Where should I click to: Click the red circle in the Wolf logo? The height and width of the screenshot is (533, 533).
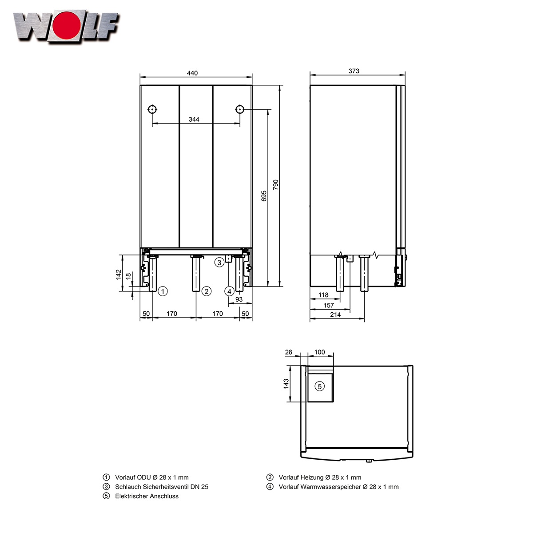(x=67, y=25)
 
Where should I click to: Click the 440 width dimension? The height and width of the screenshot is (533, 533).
(x=192, y=73)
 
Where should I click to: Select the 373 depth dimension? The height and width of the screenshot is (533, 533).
(x=354, y=71)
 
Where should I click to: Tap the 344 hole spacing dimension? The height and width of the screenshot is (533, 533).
(x=194, y=119)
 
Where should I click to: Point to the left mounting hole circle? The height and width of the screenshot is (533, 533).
(x=152, y=110)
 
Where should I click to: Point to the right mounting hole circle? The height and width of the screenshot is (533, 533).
(x=240, y=110)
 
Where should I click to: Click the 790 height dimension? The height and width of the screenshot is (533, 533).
(x=276, y=185)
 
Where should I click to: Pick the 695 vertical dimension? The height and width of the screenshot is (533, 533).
(x=264, y=196)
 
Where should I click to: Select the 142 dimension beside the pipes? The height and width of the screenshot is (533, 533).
(x=119, y=274)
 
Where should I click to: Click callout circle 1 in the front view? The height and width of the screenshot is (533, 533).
(x=163, y=291)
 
